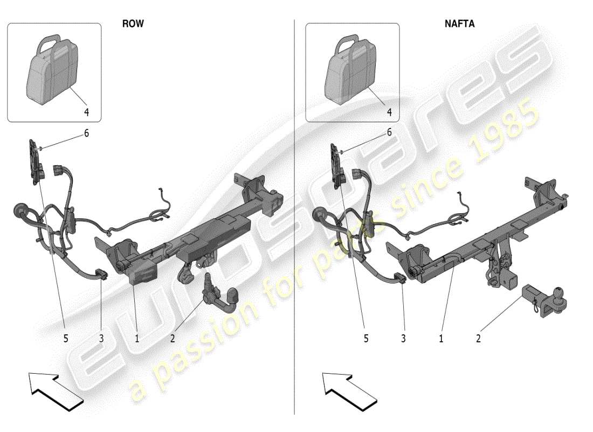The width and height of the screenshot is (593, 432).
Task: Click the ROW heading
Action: pos(133,24)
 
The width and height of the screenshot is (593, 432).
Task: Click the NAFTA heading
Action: pos(459,24)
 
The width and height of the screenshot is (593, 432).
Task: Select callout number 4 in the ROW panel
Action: pos(86,112)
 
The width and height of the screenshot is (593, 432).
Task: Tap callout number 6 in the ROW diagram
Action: pos(86,133)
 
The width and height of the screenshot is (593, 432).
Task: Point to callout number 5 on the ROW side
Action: pos(66,339)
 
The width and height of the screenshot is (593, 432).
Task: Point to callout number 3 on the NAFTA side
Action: pos(403,339)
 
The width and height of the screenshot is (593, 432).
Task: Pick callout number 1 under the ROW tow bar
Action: pos(137,339)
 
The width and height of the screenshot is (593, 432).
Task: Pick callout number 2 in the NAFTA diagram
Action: pos(478,339)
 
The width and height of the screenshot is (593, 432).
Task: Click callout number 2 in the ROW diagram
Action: pos(173,339)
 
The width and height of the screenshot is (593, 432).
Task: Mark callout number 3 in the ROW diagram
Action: pos(101,339)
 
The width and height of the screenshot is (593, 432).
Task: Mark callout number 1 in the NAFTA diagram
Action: pos(441,339)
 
